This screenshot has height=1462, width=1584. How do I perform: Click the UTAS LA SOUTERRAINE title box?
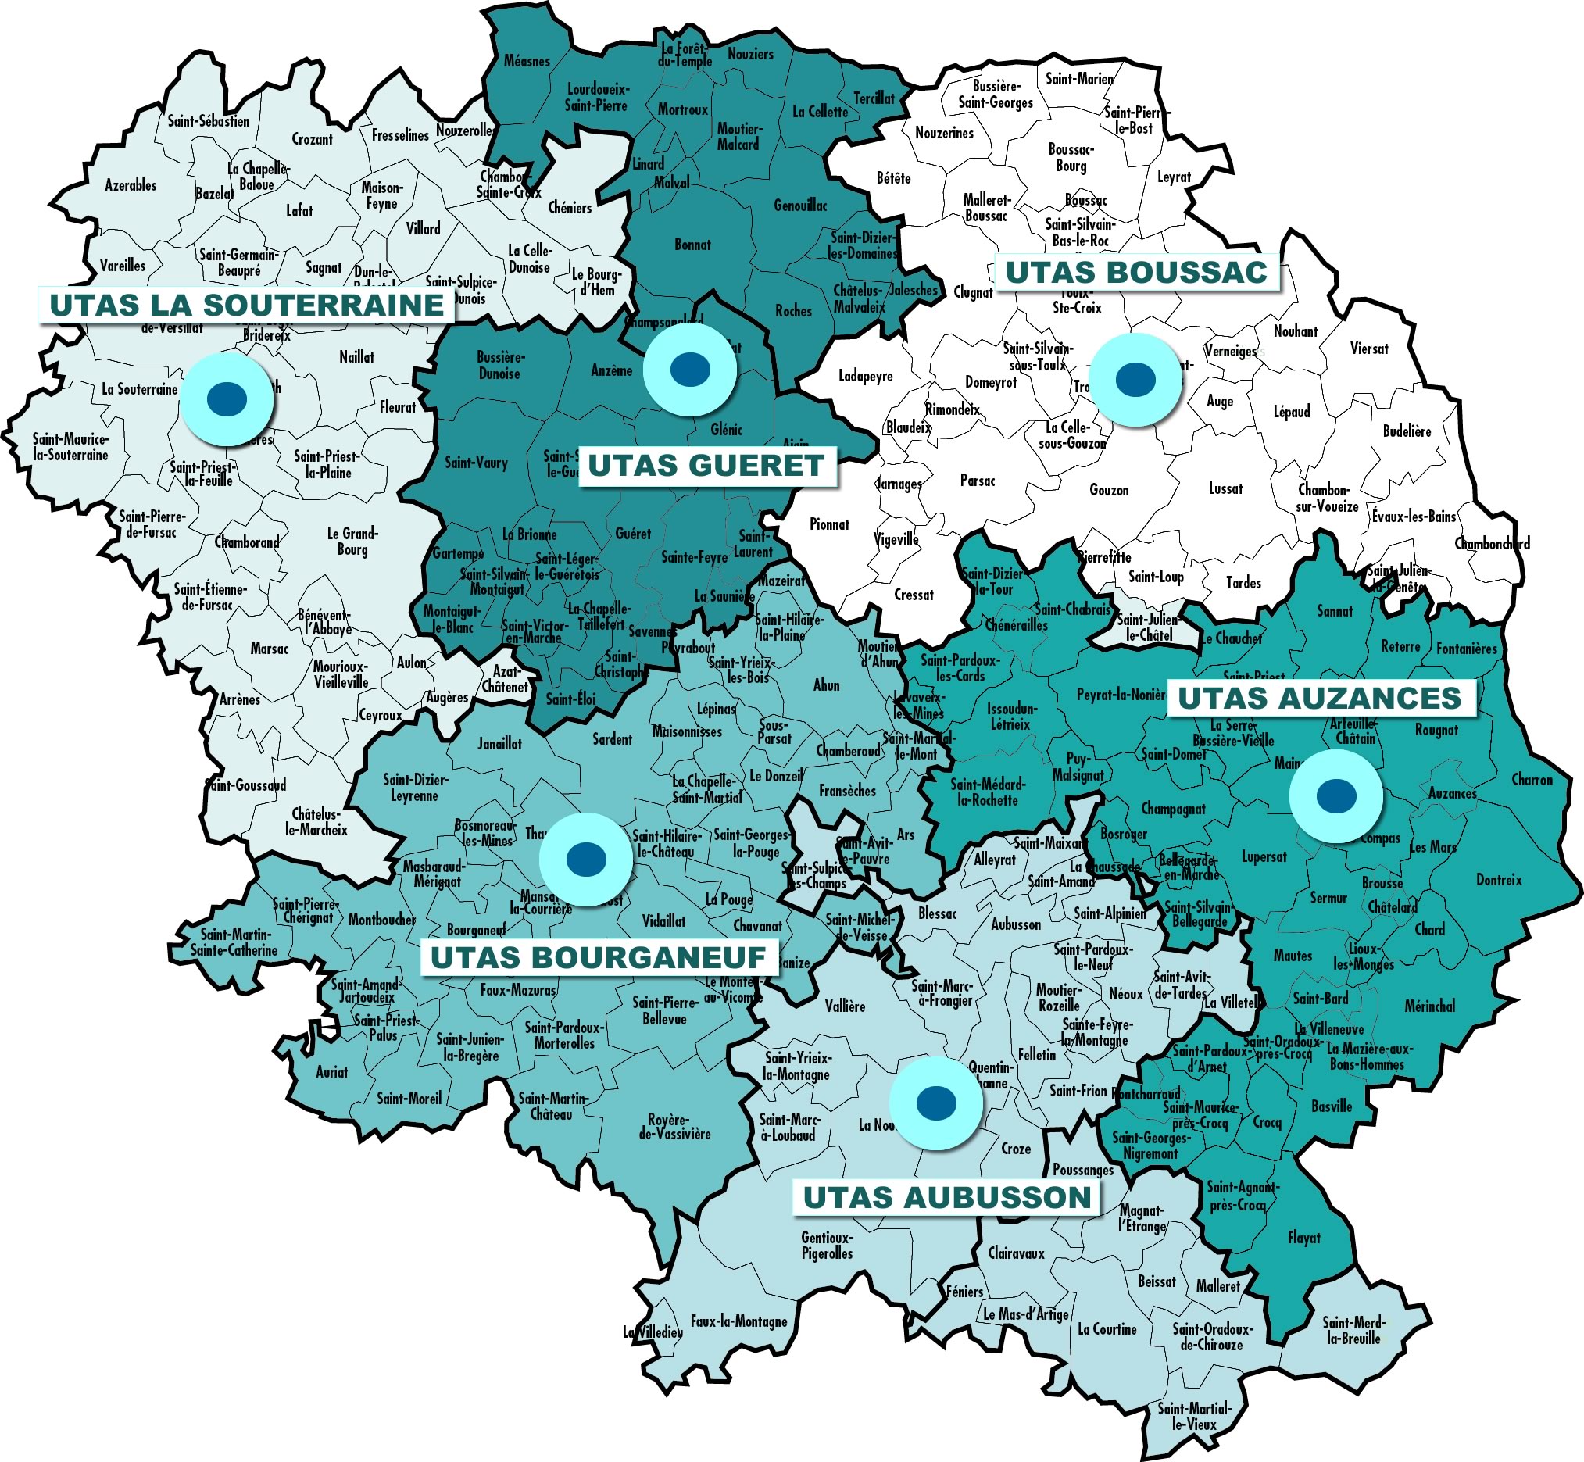coord(246,306)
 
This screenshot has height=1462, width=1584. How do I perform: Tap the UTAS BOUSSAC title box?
coord(1135,272)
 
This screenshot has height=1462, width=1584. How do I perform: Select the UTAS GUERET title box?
coord(706,465)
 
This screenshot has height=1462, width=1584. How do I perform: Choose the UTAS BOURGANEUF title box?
coord(598,957)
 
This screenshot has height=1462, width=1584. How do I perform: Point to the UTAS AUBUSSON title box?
coord(946,1197)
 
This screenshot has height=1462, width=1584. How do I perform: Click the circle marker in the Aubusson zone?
coord(936,1102)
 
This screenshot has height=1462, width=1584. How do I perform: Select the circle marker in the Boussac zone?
coord(1135,379)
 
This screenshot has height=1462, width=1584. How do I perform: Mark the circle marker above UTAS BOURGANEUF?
coord(586,859)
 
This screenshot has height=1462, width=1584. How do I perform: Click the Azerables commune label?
coord(131,185)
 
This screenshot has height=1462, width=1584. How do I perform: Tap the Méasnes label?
coord(527,61)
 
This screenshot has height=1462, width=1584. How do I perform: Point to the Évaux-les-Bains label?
coord(1414,517)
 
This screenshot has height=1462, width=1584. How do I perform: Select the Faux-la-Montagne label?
coord(738,1321)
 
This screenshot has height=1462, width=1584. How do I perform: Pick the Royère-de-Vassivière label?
coord(674,1127)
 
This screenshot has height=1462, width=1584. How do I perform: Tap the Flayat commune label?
coord(1304,1237)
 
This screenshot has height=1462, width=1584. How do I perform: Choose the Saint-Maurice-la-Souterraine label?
coord(70,447)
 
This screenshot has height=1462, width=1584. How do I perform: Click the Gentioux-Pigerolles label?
coord(827,1246)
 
